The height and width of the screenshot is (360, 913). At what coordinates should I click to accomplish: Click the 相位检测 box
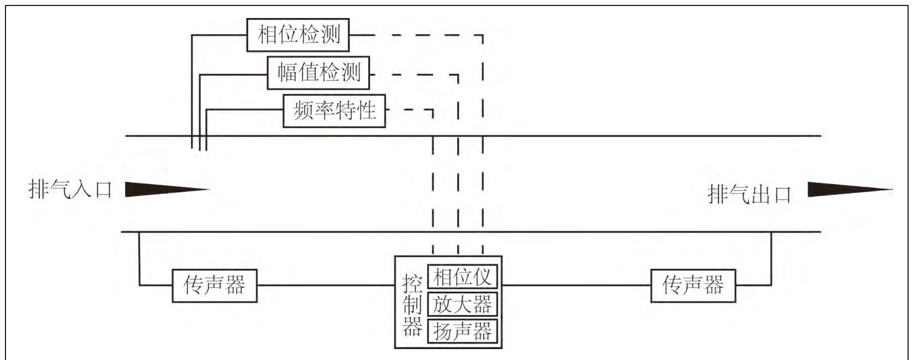298,35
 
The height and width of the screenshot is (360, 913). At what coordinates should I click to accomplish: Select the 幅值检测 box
318,73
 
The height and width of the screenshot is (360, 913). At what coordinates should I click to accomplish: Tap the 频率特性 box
334,111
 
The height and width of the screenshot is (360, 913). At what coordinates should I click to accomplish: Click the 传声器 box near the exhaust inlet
214,285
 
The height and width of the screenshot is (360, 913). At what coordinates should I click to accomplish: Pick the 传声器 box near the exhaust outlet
693,285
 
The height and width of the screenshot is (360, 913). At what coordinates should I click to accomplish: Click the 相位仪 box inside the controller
462,277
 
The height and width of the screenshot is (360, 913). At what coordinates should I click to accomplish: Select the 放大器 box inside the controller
462,304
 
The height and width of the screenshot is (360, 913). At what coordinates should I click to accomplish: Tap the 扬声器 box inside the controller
462,331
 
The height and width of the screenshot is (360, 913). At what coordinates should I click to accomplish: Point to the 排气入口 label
70,190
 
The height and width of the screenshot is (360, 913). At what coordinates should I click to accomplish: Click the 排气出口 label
750,194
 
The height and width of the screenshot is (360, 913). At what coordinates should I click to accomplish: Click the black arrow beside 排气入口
164,190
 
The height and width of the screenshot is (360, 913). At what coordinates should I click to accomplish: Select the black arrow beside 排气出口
847,190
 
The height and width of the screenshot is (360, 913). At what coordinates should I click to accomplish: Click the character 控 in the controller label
413,284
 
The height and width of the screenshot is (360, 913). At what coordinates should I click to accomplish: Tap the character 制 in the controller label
413,305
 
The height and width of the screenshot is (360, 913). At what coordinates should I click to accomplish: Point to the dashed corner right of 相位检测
482,36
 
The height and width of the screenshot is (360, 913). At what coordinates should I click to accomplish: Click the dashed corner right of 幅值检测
457,75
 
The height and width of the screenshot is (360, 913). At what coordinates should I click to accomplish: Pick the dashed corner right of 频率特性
432,110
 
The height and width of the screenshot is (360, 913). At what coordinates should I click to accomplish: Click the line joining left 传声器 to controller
326,285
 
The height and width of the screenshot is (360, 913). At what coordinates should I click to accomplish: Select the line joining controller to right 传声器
576,285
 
